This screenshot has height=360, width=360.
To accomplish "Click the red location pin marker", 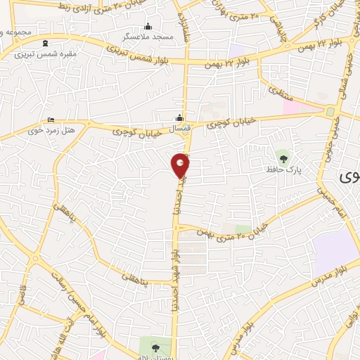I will (x=181, y=164).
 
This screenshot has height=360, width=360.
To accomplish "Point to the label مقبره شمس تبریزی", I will (x=48, y=53).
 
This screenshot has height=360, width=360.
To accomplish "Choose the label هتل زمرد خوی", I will (x=51, y=130).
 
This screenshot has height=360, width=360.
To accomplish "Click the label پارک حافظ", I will (x=280, y=169).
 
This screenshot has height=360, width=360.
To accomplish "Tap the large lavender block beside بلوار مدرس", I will (x=337, y=250).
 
